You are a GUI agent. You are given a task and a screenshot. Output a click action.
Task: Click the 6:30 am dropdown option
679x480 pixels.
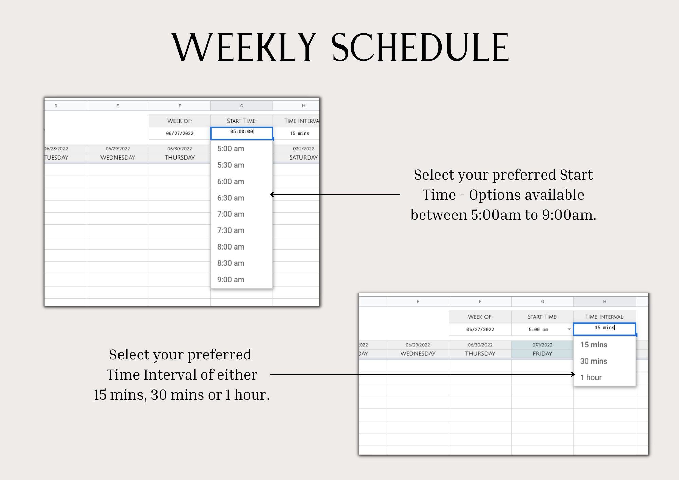(x=231, y=198)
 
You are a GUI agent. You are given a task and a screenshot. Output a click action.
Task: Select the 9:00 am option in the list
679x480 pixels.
(x=231, y=280)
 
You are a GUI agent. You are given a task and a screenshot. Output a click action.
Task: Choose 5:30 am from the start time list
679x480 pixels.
(x=231, y=165)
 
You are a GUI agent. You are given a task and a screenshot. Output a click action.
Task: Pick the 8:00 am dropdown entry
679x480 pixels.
(x=231, y=247)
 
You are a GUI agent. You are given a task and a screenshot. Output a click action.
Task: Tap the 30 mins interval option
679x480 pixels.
(x=593, y=361)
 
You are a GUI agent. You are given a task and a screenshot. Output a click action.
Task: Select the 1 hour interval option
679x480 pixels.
(x=591, y=377)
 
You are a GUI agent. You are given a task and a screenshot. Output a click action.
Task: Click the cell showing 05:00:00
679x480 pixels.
(x=241, y=132)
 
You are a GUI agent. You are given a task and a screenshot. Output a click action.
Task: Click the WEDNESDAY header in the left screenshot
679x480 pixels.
(x=118, y=158)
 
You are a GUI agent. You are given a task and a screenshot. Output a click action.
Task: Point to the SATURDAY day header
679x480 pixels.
(x=303, y=158)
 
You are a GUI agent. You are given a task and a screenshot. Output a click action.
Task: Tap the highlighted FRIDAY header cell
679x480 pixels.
(x=542, y=353)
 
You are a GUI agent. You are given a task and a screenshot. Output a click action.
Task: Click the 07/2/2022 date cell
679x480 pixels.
(x=303, y=149)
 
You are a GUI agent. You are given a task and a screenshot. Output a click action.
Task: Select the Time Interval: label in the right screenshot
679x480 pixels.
(x=604, y=317)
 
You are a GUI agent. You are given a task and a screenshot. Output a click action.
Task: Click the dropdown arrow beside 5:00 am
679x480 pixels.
(x=569, y=329)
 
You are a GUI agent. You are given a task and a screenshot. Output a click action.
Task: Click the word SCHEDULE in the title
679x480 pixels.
(x=420, y=48)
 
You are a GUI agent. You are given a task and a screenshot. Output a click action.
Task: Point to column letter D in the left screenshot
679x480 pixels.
(x=56, y=106)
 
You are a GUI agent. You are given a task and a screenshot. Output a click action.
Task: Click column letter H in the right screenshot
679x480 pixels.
(x=604, y=301)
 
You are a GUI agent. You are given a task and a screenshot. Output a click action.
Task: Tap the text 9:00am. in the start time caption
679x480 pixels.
(x=569, y=215)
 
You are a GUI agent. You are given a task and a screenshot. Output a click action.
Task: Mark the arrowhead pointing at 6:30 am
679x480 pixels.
(x=272, y=195)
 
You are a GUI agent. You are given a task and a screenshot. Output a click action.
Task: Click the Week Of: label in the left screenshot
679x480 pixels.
(x=180, y=121)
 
